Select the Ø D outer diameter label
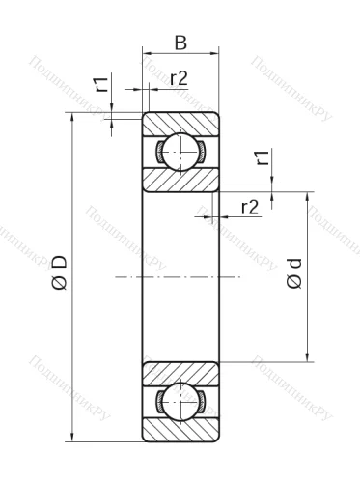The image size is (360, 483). tap(59, 273)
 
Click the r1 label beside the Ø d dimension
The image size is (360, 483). tap(261, 160)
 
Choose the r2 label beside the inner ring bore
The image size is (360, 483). tap(248, 206)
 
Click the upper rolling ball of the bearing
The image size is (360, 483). tap(180, 152)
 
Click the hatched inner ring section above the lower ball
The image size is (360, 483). tap(180, 373)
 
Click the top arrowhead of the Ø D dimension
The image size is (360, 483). tap(73, 119)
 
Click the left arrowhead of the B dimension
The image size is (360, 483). tap(147, 54)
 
